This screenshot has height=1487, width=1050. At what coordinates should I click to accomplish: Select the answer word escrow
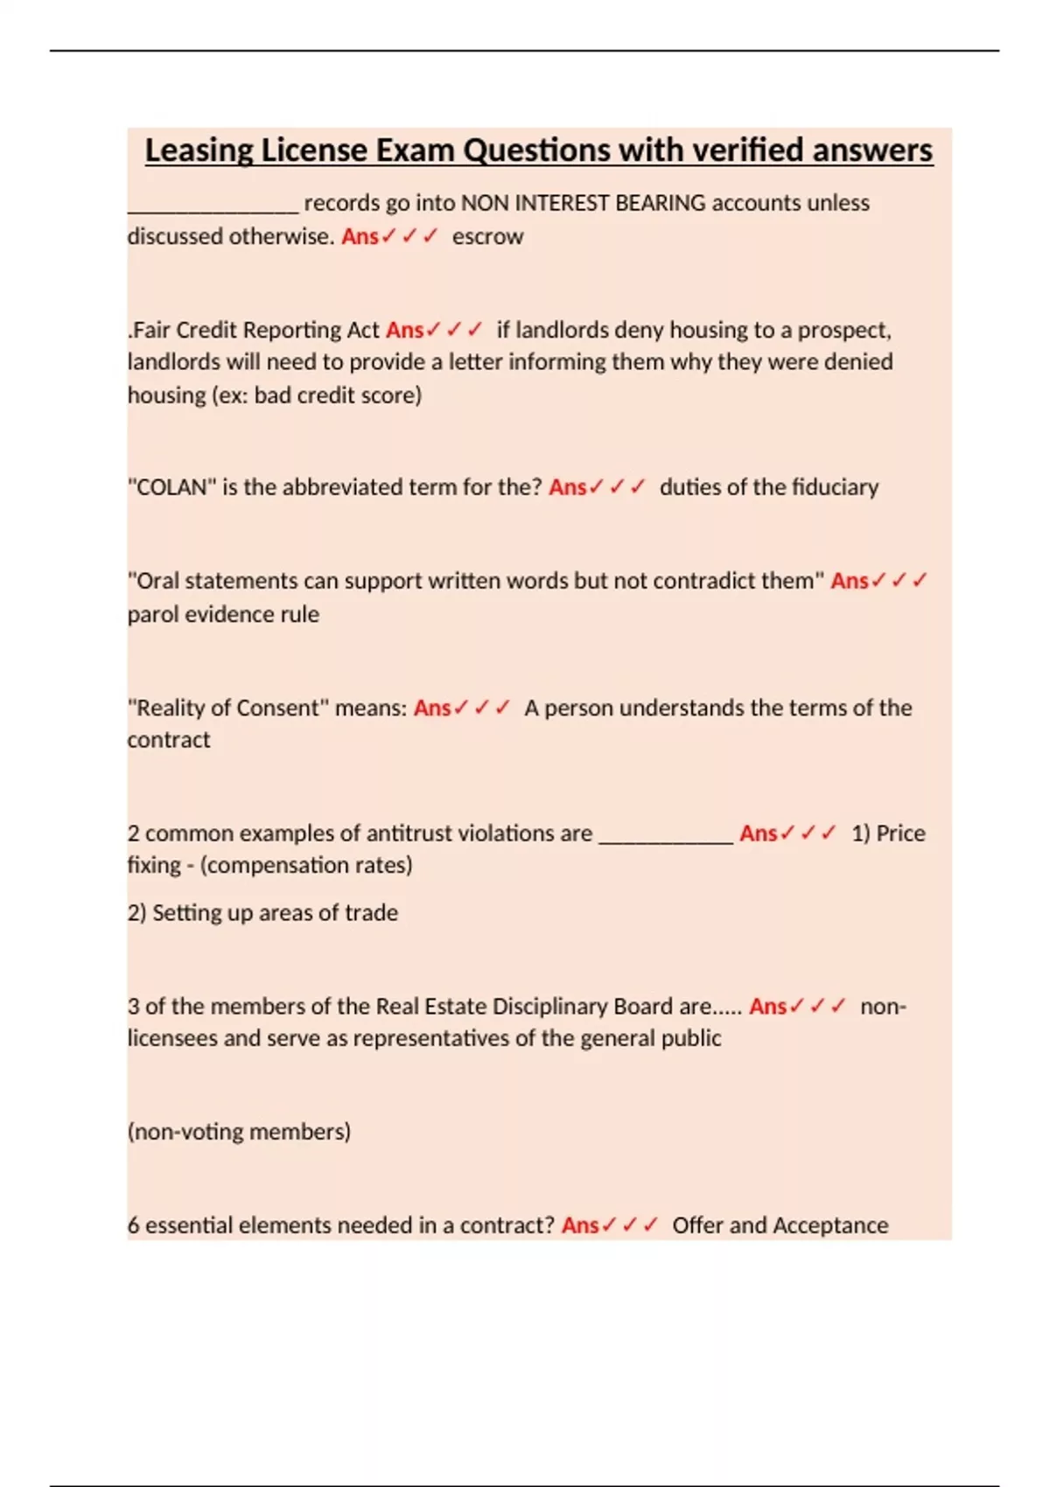[x=487, y=236]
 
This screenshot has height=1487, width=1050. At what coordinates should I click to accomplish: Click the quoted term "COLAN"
[x=171, y=487]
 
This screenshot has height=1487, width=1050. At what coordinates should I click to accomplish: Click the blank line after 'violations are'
[x=666, y=838]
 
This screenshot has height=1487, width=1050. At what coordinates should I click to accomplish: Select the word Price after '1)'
[x=900, y=834]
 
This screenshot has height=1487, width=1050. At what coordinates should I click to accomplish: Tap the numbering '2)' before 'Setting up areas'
[x=136, y=913]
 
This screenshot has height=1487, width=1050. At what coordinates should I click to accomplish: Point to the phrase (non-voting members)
[x=239, y=1132]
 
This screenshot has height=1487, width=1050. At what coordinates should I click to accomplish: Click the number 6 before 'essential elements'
[x=134, y=1225]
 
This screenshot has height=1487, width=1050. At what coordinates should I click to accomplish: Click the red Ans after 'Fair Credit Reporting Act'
[x=404, y=330]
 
